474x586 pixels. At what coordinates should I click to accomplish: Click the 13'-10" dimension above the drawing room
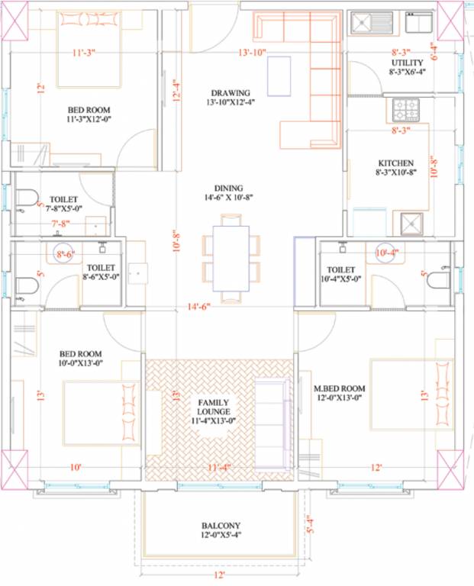[254, 53]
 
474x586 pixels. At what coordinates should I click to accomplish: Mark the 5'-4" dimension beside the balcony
[309, 526]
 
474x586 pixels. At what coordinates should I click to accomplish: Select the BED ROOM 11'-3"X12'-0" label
[89, 114]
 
